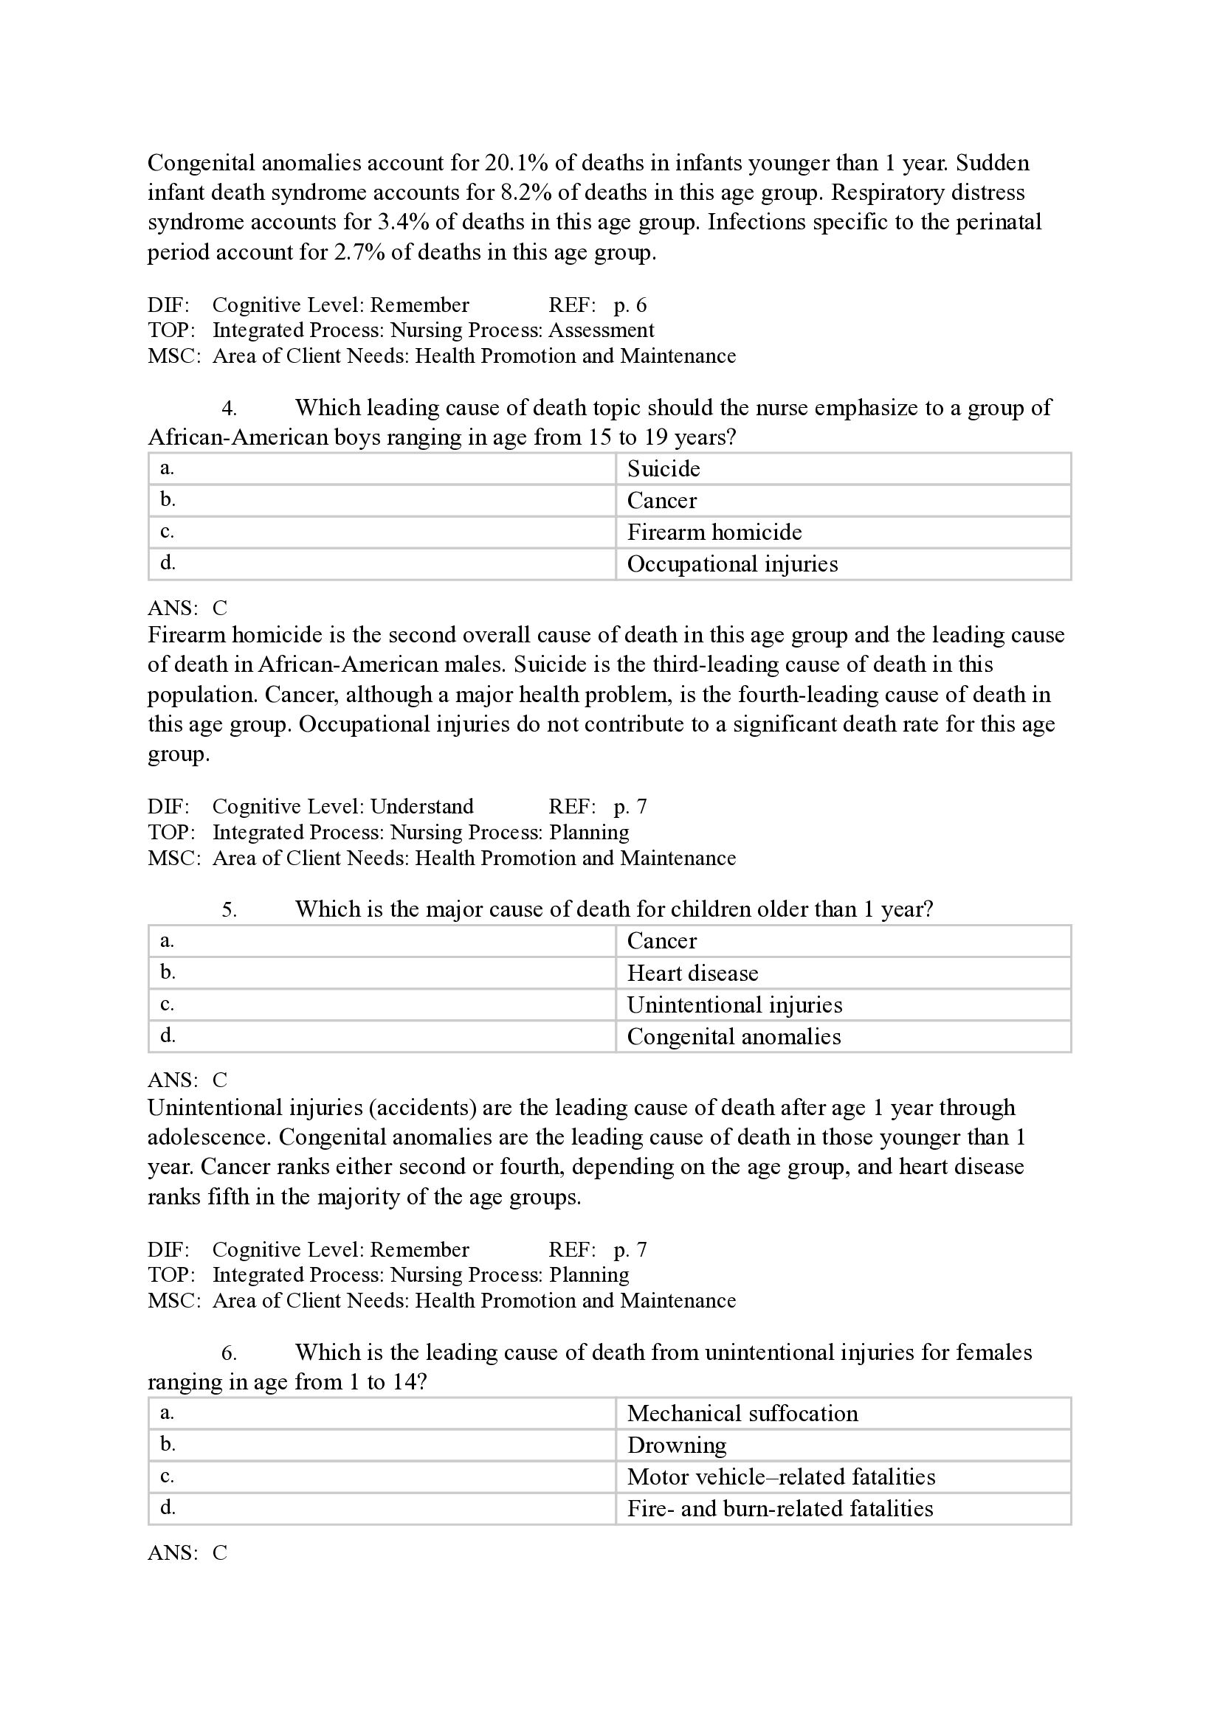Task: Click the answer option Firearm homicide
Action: pyautogui.click(x=714, y=532)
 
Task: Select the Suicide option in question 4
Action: pyautogui.click(x=664, y=469)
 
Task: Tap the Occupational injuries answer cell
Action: pyautogui.click(x=732, y=563)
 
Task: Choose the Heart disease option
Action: pyautogui.click(x=692, y=973)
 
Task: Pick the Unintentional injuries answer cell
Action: pyautogui.click(x=734, y=1004)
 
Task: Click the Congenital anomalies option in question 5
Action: pyautogui.click(x=734, y=1036)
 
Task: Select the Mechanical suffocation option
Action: pyautogui.click(x=742, y=1413)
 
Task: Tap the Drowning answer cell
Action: pyautogui.click(x=677, y=1445)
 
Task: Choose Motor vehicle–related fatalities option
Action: pyautogui.click(x=781, y=1476)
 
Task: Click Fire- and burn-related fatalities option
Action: pyautogui.click(x=779, y=1508)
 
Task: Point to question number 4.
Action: pyautogui.click(x=230, y=409)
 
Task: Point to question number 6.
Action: pyautogui.click(x=230, y=1353)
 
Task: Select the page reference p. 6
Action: pyautogui.click(x=630, y=305)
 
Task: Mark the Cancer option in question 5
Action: pyautogui.click(x=661, y=940)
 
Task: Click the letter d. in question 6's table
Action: pyautogui.click(x=168, y=1507)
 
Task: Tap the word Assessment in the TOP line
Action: pyautogui.click(x=602, y=330)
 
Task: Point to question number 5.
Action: pyautogui.click(x=230, y=910)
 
